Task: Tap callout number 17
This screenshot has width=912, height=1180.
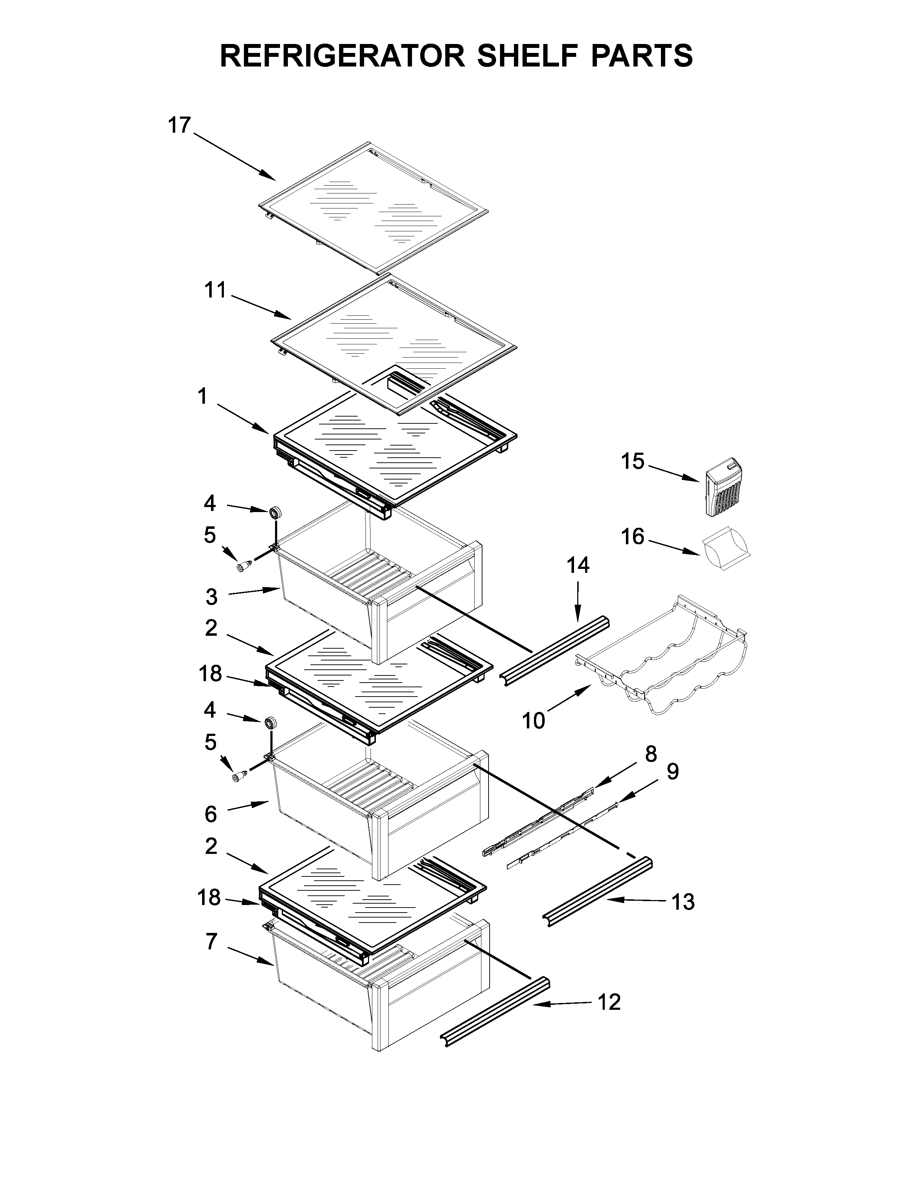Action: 180,126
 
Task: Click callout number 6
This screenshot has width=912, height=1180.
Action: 211,814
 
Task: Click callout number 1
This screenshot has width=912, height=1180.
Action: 202,397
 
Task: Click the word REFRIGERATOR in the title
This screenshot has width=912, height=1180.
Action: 343,56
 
